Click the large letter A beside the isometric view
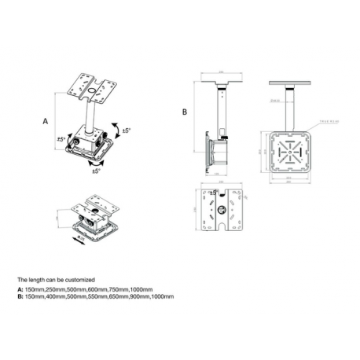[46, 123]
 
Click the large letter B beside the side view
[184, 112]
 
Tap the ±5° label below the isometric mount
[96, 170]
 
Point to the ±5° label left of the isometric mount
[61, 141]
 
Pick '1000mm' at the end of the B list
[160, 296]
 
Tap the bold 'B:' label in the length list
[20, 296]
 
